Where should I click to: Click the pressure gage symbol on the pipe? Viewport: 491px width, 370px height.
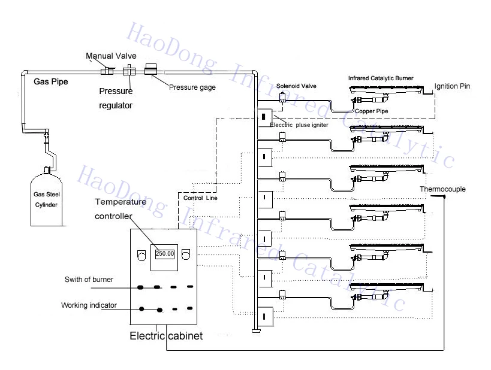click(x=150, y=70)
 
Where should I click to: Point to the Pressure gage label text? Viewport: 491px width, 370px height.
click(x=192, y=87)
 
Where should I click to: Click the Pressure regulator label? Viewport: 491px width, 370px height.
click(x=116, y=99)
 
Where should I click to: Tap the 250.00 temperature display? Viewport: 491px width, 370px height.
click(x=164, y=254)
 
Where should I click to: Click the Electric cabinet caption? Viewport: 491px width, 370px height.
click(x=166, y=336)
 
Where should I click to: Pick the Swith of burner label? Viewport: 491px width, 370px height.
click(x=89, y=280)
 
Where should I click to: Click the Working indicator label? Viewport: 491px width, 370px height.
click(x=89, y=305)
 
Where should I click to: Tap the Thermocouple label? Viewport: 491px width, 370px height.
click(x=442, y=189)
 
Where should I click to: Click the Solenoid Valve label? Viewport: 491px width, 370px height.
click(x=296, y=86)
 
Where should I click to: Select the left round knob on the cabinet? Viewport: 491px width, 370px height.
click(x=140, y=256)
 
